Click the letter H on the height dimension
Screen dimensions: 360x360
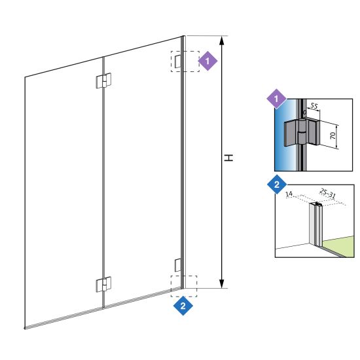coord(228,158)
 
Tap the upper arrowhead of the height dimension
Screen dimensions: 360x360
coord(221,41)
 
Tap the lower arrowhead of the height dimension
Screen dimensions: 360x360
coord(221,284)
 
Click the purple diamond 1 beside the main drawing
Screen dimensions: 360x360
coord(207,61)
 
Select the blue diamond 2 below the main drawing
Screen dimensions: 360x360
coord(183,306)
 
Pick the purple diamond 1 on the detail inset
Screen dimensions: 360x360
coord(276,99)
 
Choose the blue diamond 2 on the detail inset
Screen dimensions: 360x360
coord(277,185)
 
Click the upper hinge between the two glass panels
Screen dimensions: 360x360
coord(103,81)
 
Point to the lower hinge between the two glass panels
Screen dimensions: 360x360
coord(103,284)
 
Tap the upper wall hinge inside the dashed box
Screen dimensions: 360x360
coord(178,62)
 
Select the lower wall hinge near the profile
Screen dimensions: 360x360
coord(178,265)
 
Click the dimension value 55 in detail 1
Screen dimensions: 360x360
coord(314,106)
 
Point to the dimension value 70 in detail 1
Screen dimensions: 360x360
coord(333,135)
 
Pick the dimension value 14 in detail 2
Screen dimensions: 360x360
coord(289,194)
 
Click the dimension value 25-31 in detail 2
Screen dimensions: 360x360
coord(328,194)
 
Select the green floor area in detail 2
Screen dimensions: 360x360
coord(338,246)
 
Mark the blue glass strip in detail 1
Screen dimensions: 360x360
coord(285,135)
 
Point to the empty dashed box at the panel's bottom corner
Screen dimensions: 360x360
coord(184,286)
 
